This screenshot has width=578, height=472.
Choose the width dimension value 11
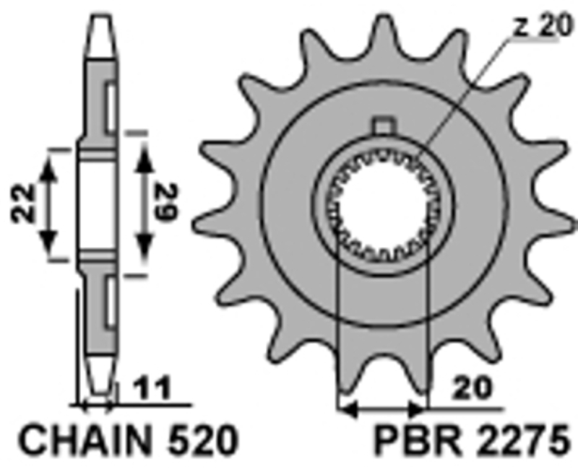(x=153, y=389)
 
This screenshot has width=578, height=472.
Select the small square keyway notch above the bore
(x=383, y=125)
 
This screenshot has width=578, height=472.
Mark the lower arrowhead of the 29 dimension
(x=144, y=251)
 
